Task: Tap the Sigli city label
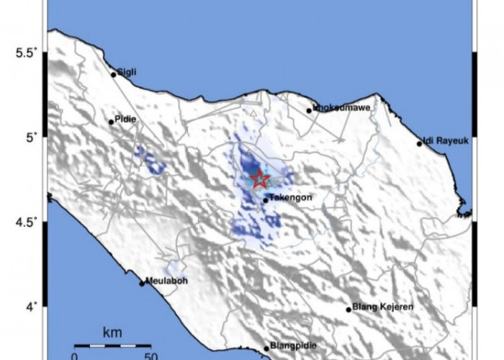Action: pos(126,71)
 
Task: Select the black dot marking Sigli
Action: pos(114,74)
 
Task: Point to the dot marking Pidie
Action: pos(112,122)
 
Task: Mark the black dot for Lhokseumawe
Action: pos(310,110)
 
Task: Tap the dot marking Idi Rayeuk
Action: pos(420,143)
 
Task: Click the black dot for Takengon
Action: pos(266,199)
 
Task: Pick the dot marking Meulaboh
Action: pos(143,284)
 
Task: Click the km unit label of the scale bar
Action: pos(111,333)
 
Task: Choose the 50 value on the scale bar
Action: pos(150,355)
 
